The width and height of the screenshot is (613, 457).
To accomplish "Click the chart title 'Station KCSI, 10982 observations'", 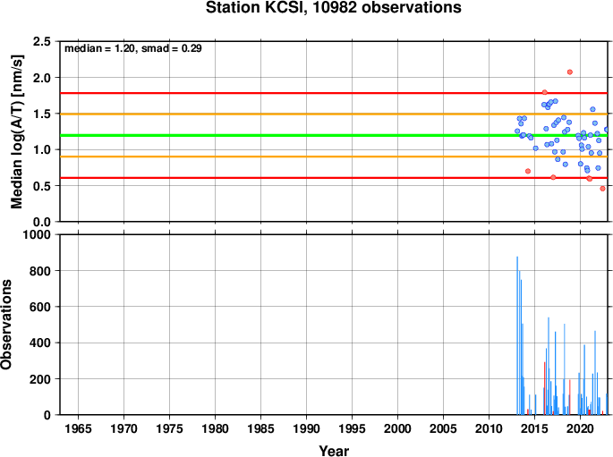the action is point(334,7).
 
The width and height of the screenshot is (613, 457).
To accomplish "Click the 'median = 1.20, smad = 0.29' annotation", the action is point(133,48).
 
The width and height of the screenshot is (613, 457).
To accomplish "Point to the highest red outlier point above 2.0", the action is point(570,72).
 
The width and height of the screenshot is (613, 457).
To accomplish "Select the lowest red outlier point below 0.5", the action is point(602,189).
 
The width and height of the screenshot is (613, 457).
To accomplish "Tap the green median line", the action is point(334,136).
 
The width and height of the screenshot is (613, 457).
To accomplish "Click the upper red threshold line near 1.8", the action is point(334,93).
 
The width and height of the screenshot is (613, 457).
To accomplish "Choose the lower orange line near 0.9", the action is point(334,157).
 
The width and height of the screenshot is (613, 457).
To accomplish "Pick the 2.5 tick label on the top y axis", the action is point(42,41).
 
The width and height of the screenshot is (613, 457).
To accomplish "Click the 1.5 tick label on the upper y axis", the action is point(42,114).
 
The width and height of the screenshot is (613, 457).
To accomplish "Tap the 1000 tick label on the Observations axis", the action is point(37,234).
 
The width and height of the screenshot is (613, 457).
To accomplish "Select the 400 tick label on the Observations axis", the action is point(40,343).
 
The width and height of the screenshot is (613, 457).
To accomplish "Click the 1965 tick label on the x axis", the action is point(78,429).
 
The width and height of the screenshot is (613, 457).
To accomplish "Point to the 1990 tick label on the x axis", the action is point(306,429).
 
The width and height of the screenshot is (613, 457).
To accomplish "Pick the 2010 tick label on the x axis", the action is point(490,429).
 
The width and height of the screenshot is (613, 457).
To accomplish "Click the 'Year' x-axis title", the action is point(334,451).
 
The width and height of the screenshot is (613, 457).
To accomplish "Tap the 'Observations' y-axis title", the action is point(6,325).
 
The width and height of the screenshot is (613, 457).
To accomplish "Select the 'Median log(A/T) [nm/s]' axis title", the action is point(17,131).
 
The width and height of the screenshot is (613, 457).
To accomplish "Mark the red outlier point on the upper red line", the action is point(545,93).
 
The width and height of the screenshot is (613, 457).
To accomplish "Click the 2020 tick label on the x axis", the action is point(580,429).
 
